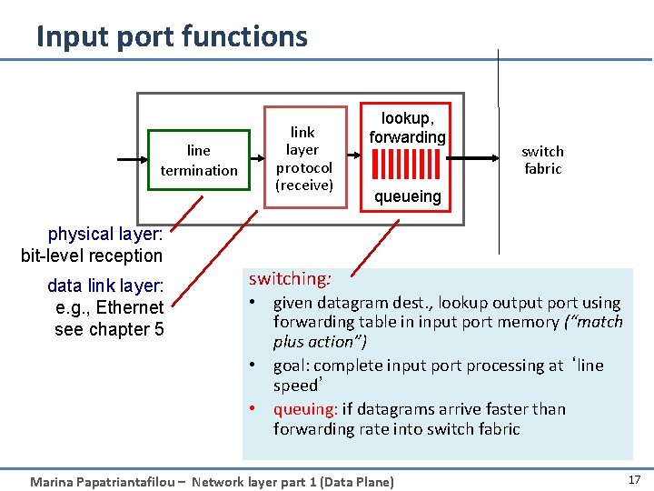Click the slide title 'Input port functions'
pyautogui.click(x=172, y=36)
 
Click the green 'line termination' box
pyautogui.click(x=199, y=160)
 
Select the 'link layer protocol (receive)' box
pyautogui.click(x=304, y=159)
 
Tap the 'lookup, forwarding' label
pyautogui.click(x=407, y=128)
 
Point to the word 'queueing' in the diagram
pyautogui.click(x=408, y=196)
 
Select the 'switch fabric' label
pyautogui.click(x=542, y=160)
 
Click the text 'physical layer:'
pyautogui.click(x=104, y=235)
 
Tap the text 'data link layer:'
pyautogui.click(x=105, y=286)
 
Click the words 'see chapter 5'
pyautogui.click(x=109, y=329)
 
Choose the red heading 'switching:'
pyautogui.click(x=290, y=279)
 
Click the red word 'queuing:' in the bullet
pyautogui.click(x=305, y=409)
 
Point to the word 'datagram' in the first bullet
pyautogui.click(x=349, y=303)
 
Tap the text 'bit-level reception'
pyautogui.click(x=92, y=256)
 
